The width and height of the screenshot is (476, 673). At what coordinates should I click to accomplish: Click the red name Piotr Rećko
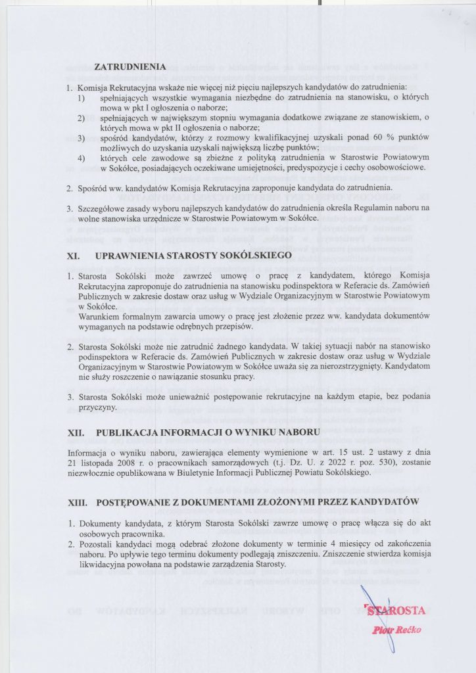click(396, 630)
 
